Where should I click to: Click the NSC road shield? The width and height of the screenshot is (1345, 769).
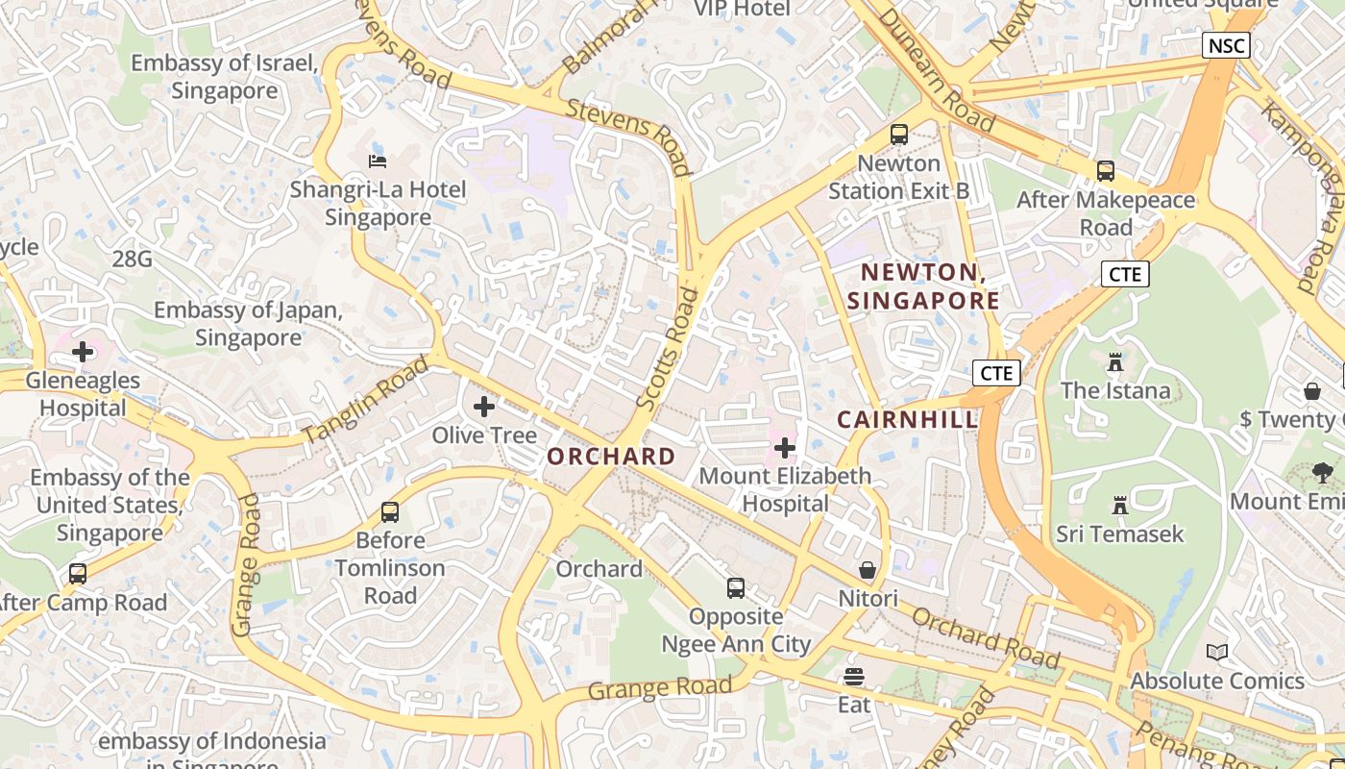(1226, 44)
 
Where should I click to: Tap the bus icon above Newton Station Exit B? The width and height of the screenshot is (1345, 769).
(899, 135)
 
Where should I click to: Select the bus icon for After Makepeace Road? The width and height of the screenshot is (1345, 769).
(1106, 171)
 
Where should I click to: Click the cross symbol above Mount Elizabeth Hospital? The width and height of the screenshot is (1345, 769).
(785, 447)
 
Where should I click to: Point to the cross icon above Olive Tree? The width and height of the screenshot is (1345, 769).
(484, 407)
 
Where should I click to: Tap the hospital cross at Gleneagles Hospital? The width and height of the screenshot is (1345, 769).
(83, 352)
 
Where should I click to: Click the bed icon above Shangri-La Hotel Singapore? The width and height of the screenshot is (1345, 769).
(378, 161)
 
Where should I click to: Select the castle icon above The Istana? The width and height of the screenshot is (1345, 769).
(1115, 362)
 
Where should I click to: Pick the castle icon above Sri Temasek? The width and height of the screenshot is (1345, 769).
(1119, 505)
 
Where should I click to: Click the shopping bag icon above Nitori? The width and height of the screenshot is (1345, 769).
(868, 570)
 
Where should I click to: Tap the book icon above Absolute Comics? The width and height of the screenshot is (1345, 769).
(1217, 652)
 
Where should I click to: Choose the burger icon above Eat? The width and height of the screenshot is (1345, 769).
(854, 676)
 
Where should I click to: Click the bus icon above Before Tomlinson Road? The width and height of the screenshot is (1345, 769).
(390, 511)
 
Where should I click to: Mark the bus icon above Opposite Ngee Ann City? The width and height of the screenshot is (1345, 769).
(736, 587)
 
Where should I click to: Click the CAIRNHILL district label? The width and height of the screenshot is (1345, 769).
(907, 419)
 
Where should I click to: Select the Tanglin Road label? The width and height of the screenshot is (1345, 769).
(366, 400)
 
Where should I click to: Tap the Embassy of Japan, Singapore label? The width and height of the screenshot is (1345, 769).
(248, 324)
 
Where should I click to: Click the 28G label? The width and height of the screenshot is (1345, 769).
(132, 258)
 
